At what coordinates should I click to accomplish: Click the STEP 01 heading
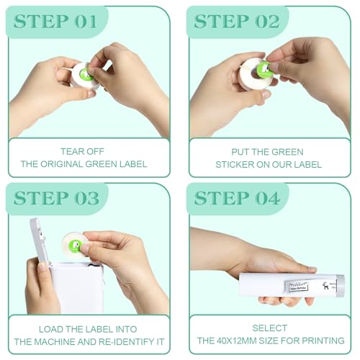[55, 22]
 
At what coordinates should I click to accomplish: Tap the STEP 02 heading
[237, 22]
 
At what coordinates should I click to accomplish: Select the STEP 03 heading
[56, 198]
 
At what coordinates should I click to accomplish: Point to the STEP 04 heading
[237, 198]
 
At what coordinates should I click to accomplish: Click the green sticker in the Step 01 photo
[86, 74]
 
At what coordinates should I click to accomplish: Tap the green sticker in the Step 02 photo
[264, 70]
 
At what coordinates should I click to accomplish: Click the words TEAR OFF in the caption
[82, 151]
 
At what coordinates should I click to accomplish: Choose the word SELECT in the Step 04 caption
[270, 328]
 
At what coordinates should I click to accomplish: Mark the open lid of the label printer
[40, 240]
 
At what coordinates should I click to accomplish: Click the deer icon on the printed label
[325, 285]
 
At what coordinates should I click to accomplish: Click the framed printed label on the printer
[297, 287]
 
